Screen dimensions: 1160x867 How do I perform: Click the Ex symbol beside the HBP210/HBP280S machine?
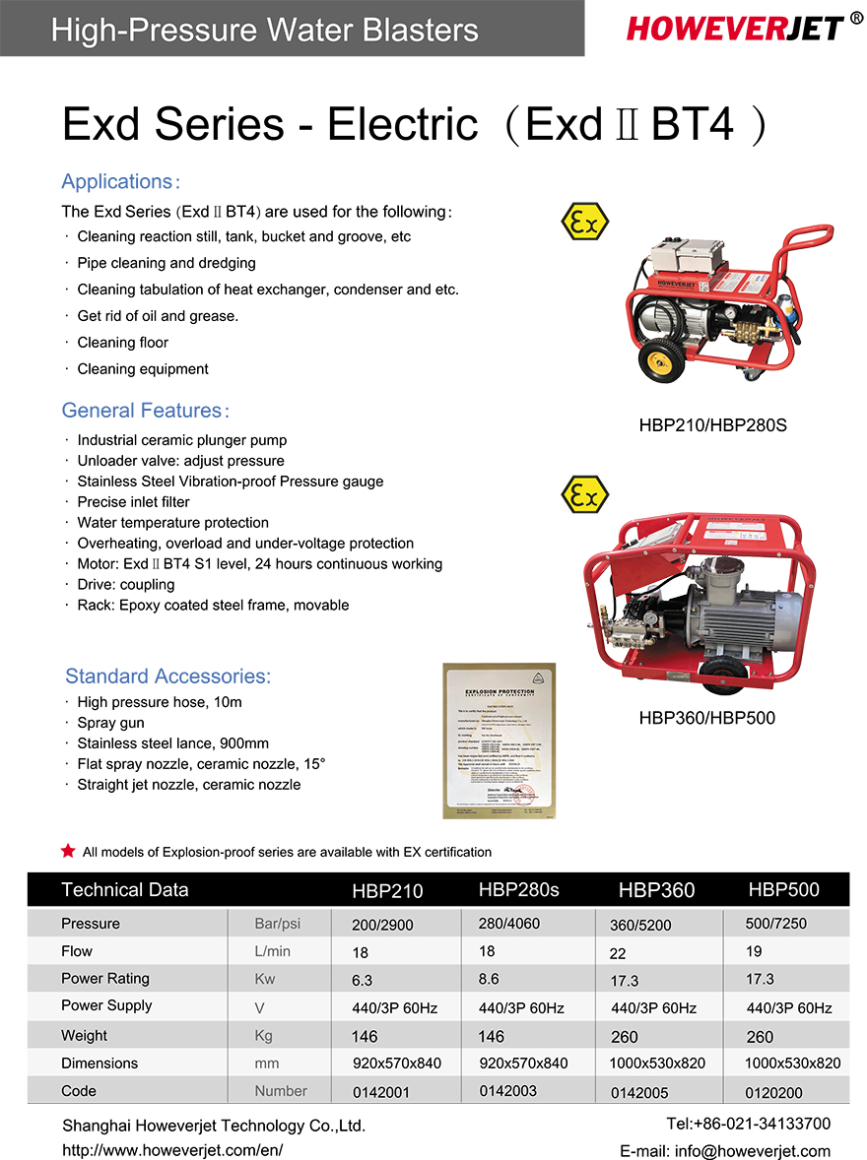(584, 224)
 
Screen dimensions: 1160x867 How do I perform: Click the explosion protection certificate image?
(500, 741)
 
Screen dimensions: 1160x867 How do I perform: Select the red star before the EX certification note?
(68, 851)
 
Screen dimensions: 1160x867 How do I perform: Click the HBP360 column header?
(656, 890)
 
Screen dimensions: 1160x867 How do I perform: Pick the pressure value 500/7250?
(776, 924)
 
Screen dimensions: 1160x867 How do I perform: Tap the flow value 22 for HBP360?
(619, 953)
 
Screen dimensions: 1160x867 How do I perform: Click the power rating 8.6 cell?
(489, 979)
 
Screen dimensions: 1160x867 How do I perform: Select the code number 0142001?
(380, 1092)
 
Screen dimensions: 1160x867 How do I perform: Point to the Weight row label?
(85, 1035)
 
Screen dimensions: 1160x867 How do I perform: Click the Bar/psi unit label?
(278, 924)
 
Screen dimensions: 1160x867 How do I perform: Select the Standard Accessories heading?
(167, 677)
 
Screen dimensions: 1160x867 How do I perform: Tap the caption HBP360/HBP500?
(706, 718)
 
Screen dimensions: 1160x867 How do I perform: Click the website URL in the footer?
(172, 1150)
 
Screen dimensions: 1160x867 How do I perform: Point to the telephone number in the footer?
(748, 1124)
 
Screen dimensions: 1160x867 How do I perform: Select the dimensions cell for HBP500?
(792, 1063)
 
